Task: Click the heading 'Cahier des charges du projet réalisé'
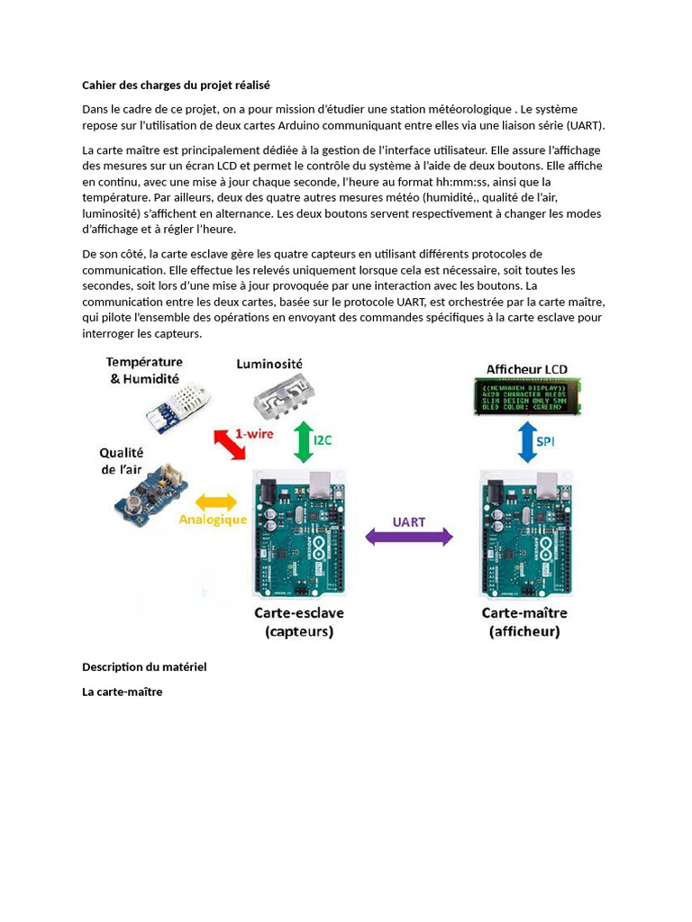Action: click(x=176, y=85)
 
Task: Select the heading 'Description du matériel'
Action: click(x=144, y=667)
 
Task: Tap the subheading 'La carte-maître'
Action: click(x=123, y=691)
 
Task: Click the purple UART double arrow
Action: click(x=408, y=538)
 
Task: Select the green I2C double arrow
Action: click(x=304, y=441)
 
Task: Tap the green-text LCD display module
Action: click(x=527, y=396)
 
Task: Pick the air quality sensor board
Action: click(x=150, y=494)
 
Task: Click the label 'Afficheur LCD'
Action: click(x=527, y=368)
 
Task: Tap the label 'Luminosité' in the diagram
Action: click(x=269, y=364)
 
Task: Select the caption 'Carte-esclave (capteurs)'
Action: click(x=298, y=622)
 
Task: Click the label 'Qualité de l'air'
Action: click(x=122, y=461)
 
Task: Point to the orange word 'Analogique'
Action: click(x=213, y=520)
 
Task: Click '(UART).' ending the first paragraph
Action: click(x=586, y=125)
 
